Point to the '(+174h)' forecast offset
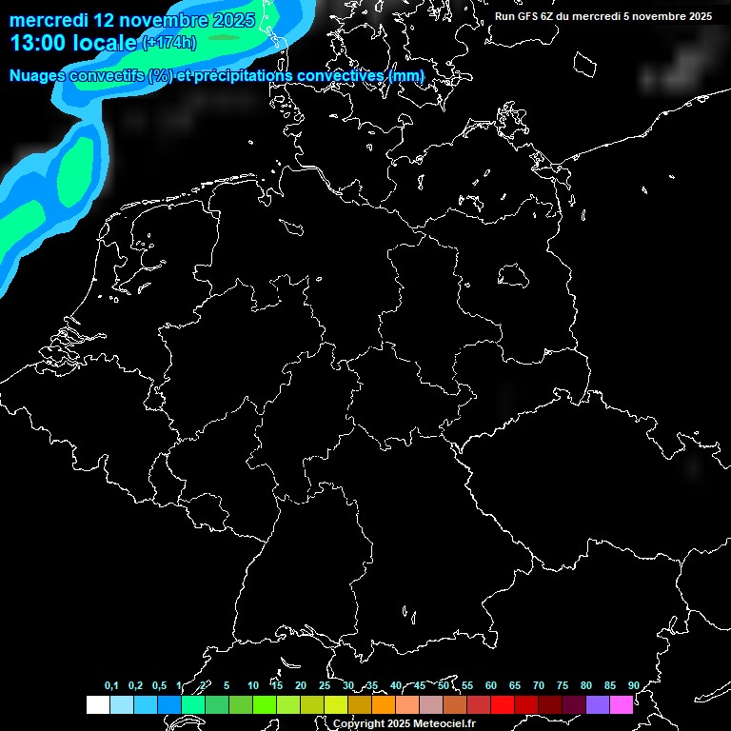168,43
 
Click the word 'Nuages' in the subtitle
37,76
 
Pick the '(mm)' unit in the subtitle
406,76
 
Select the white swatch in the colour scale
97,705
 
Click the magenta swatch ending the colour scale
622,705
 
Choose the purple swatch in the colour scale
598,705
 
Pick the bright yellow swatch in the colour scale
336,705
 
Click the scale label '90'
633,685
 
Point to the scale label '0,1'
111,685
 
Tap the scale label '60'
491,685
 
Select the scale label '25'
325,685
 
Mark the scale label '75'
563,685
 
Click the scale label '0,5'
159,685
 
